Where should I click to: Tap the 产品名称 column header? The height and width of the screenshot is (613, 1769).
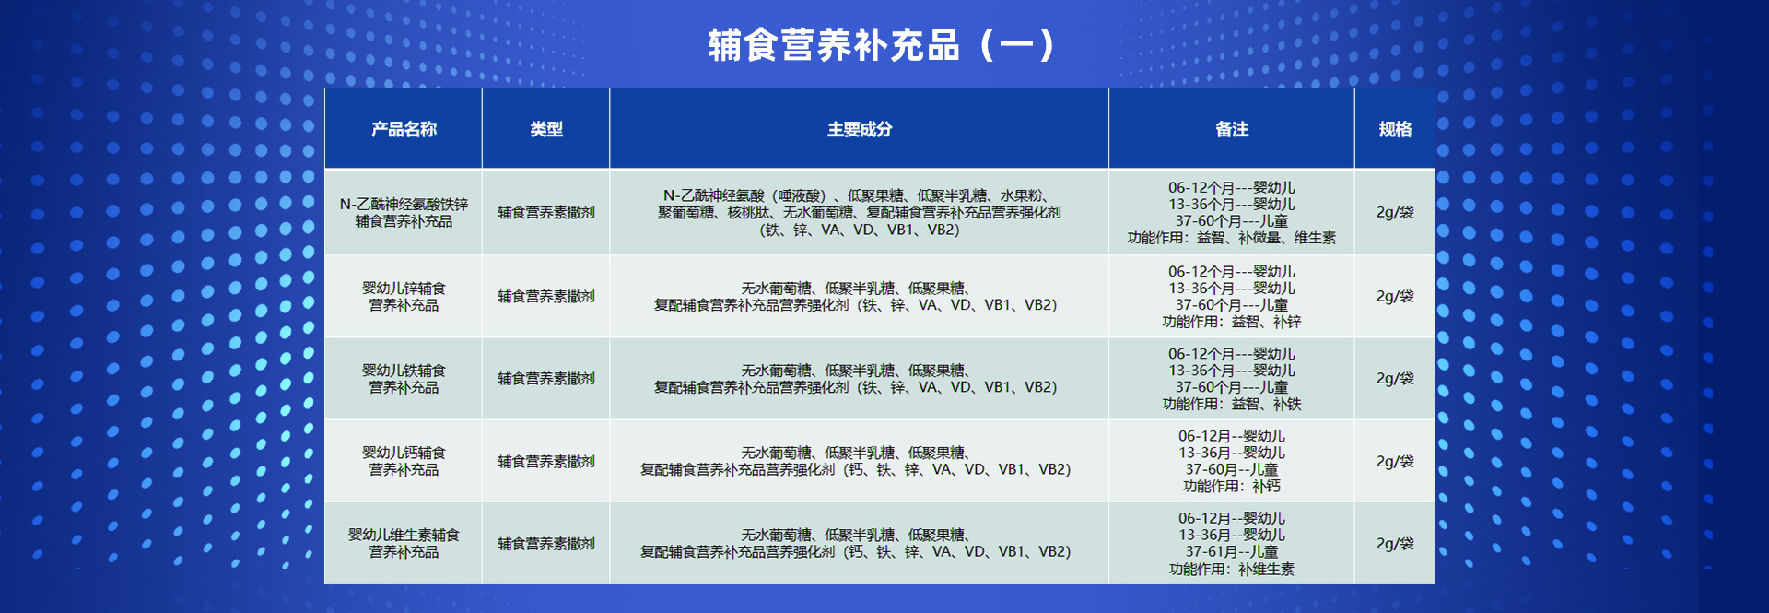(x=404, y=129)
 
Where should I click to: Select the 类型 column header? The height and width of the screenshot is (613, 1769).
(x=546, y=129)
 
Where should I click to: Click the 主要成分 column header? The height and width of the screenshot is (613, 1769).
(x=859, y=129)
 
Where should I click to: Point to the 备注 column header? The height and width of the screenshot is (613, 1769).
(x=1232, y=129)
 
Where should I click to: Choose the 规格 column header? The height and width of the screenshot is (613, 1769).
(x=1395, y=129)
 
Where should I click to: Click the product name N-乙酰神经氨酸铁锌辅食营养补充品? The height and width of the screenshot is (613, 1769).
(x=404, y=213)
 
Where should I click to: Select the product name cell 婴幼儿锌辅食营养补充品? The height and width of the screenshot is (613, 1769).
(x=404, y=297)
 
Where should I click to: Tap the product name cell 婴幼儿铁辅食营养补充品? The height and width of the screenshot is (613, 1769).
(x=404, y=379)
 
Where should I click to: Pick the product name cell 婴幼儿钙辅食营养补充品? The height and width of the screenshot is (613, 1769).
(x=404, y=461)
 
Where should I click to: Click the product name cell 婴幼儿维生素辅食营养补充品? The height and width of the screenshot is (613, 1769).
(x=404, y=543)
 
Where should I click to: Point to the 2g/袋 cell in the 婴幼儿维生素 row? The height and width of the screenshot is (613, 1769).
(x=1395, y=543)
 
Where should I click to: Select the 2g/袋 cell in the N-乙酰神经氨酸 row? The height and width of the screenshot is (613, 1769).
(x=1395, y=212)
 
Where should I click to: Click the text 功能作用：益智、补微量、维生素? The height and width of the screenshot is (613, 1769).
(x=1232, y=238)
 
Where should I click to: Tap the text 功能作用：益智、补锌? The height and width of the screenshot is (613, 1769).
(x=1232, y=322)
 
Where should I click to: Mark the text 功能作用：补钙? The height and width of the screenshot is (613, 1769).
(x=1232, y=486)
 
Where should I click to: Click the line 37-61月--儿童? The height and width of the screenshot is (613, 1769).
(x=1232, y=551)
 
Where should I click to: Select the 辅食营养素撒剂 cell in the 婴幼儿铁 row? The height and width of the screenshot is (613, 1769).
(x=546, y=379)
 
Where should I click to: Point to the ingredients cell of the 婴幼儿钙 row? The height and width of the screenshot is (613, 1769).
(x=856, y=461)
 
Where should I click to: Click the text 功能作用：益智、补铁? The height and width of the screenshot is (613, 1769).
(x=1232, y=404)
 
